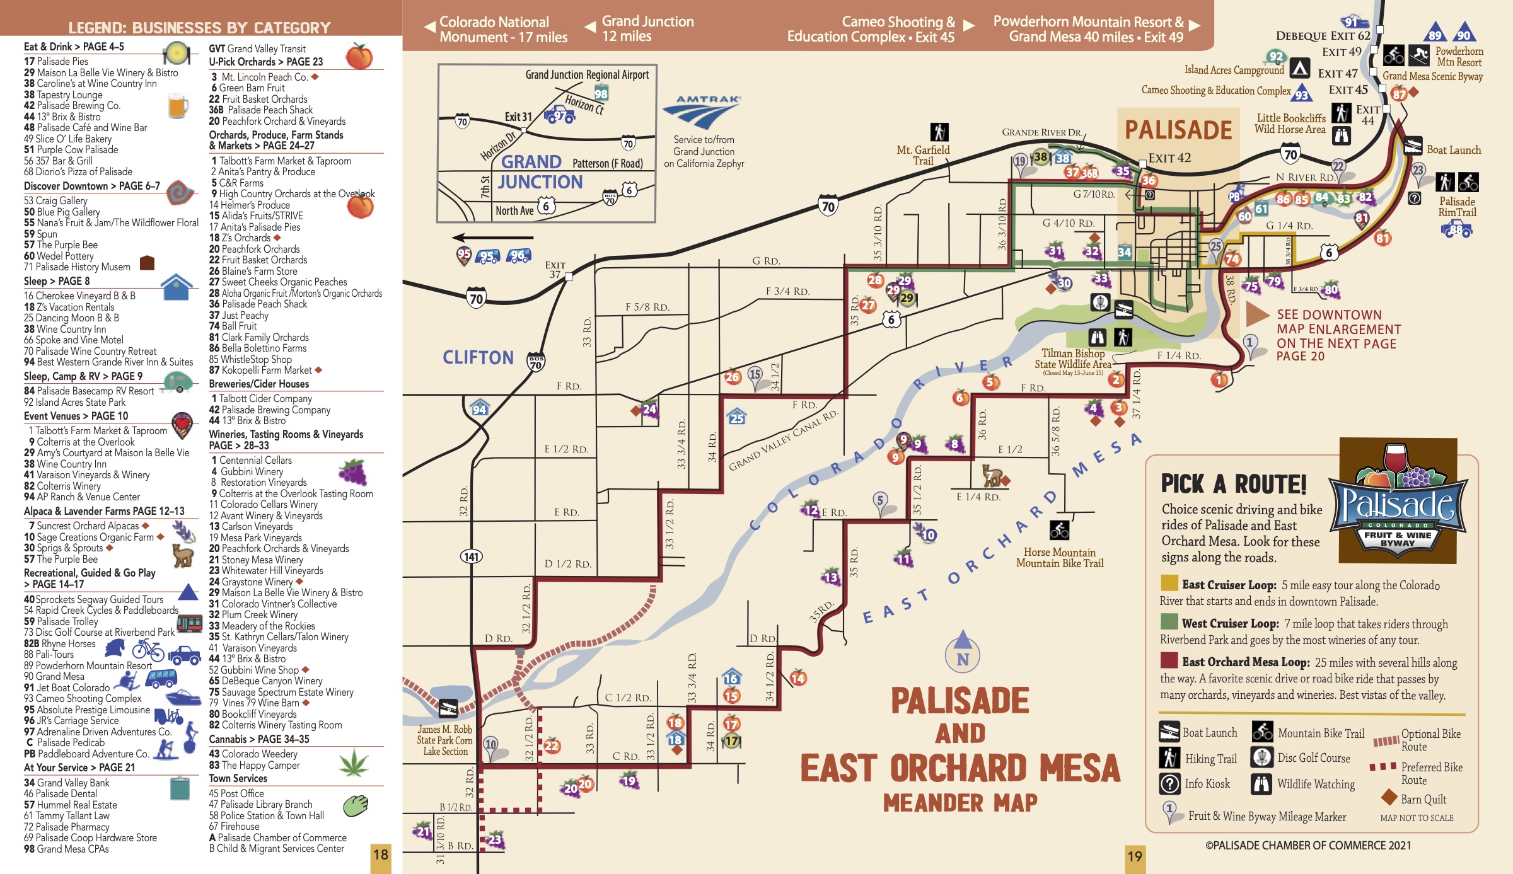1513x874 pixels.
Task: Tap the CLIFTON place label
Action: click(478, 357)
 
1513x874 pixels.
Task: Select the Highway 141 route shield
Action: click(472, 556)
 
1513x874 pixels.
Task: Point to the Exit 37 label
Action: click(555, 270)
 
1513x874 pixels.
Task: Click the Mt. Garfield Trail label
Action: click(923, 155)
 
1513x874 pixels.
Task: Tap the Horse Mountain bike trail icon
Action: click(1059, 530)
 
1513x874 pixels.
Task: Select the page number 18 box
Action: click(381, 855)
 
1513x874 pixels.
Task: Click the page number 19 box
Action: click(1135, 856)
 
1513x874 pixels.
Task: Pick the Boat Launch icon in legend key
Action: click(1169, 732)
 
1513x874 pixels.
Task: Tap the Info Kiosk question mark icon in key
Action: click(1169, 784)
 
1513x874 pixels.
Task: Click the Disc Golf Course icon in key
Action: click(1262, 758)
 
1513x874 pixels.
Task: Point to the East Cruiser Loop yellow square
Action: click(1169, 584)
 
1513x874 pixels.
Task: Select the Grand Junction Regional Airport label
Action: click(587, 75)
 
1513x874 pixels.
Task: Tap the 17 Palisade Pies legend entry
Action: click(56, 61)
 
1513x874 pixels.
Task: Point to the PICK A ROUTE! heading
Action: click(1234, 484)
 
